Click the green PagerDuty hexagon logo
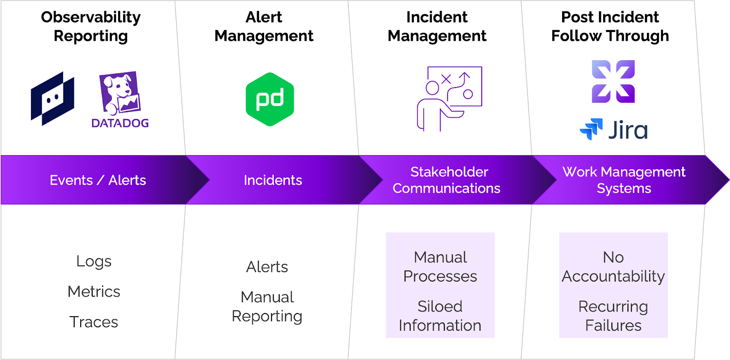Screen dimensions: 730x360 tap(270, 99)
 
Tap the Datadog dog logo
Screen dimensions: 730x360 tap(120, 99)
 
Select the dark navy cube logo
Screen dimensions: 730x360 tap(52, 99)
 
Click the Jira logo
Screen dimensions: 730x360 tap(614, 129)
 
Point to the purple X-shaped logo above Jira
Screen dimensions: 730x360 tap(613, 82)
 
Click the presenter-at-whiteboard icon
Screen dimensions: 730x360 tap(449, 99)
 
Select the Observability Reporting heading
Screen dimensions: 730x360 tap(91, 26)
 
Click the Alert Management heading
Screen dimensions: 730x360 tap(264, 26)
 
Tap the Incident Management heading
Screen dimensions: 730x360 tap(437, 26)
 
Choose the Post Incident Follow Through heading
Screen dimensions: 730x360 tap(610, 26)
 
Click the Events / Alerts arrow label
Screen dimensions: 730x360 tap(98, 180)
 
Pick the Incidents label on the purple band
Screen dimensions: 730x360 tap(273, 180)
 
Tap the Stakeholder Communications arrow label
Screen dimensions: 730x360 tap(447, 180)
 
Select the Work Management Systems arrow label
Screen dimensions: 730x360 tap(624, 180)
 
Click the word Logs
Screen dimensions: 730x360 tap(94, 261)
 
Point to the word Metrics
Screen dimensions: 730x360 tap(94, 292)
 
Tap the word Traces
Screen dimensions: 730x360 tap(94, 322)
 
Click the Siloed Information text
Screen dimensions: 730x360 tap(440, 316)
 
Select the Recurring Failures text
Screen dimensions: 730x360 tap(613, 316)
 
